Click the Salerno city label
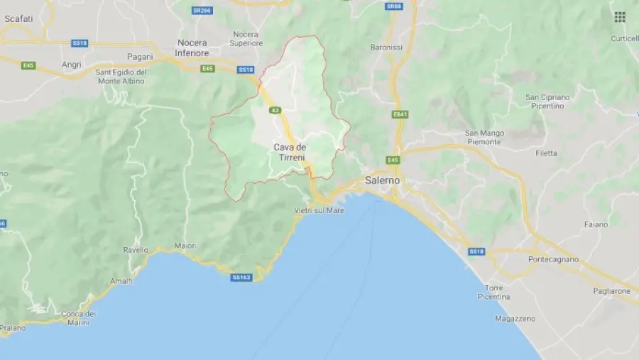tap(383, 180)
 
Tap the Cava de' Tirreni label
tap(289, 152)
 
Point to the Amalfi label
tap(121, 281)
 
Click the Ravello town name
tap(136, 250)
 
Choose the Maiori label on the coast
tap(185, 246)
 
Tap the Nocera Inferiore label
tap(192, 48)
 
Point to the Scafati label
tap(18, 19)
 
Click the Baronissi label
tap(386, 48)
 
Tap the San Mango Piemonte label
tap(484, 137)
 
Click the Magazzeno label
tap(515, 319)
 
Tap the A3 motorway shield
tap(275, 111)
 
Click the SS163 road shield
tap(241, 277)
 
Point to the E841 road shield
tap(400, 114)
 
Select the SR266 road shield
tap(202, 10)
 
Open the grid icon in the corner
tap(620, 17)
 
